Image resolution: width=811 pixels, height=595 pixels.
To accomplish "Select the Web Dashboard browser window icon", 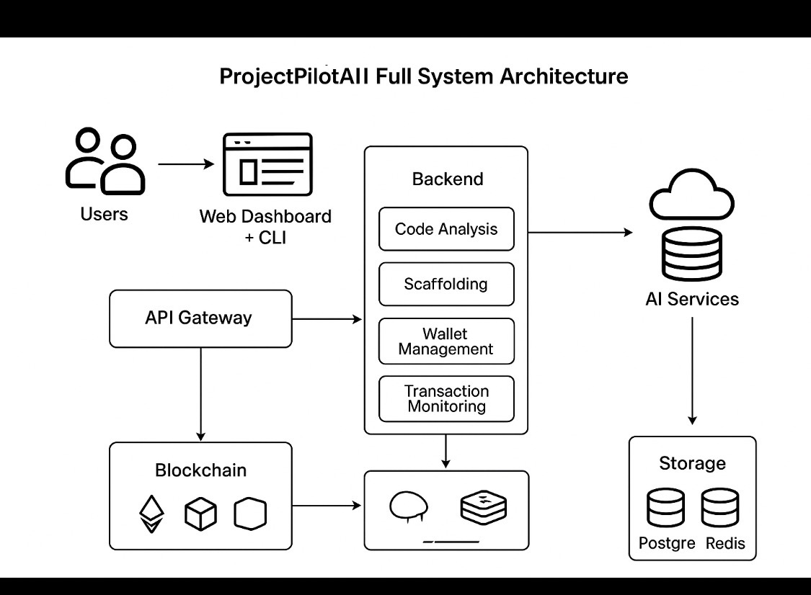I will tap(267, 164).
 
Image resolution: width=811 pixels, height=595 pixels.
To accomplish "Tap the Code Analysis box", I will tap(446, 229).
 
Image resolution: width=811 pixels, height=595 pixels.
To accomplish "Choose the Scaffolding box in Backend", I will tap(446, 284).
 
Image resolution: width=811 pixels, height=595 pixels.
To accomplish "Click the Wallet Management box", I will tap(446, 341).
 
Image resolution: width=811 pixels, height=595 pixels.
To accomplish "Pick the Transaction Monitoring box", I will tap(446, 398).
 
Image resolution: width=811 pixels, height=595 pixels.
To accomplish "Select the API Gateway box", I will tap(200, 318).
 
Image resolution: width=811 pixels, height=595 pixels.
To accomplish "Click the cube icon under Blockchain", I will tap(200, 514).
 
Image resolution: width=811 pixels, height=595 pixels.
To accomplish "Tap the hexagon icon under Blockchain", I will tap(250, 514).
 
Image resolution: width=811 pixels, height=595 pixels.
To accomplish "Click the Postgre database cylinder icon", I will tap(665, 509).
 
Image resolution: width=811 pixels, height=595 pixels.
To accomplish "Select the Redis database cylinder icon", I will tap(721, 509).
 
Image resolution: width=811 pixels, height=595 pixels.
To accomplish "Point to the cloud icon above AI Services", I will tap(691, 194).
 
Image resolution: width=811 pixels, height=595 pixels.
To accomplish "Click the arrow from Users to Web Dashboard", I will tap(186, 164).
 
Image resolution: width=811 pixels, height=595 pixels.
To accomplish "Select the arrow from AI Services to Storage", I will tap(693, 371).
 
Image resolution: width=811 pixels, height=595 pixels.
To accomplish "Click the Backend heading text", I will tap(448, 179).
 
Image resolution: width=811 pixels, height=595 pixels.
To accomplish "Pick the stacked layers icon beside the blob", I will tap(483, 506).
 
